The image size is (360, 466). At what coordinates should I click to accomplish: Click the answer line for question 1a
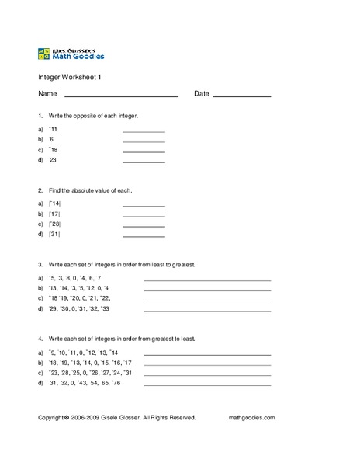(144, 131)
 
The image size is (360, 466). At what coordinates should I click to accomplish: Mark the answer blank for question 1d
(144, 162)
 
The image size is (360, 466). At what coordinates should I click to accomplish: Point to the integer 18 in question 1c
(54, 149)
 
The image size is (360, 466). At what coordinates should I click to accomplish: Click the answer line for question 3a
(207, 279)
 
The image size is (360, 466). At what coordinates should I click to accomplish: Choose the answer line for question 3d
(207, 309)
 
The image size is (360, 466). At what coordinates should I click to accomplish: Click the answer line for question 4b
(207, 364)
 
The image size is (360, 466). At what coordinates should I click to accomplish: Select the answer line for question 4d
(207, 384)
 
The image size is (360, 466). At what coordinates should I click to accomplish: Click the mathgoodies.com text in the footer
(252, 417)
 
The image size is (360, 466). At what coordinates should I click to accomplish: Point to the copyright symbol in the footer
(67, 417)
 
